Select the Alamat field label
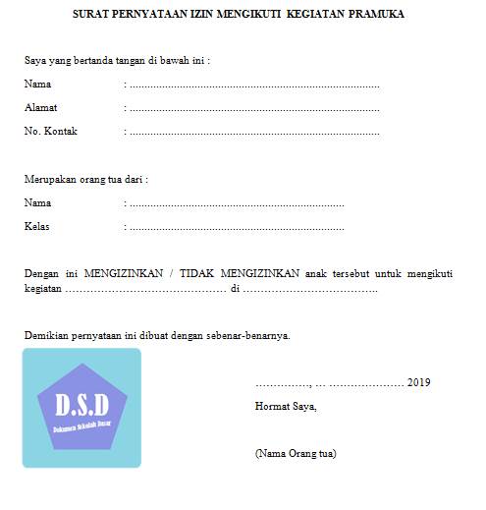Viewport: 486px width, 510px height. [x=40, y=107]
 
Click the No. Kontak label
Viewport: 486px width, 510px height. [x=51, y=131]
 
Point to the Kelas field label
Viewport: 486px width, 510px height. [x=36, y=227]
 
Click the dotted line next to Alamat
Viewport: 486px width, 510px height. [x=254, y=108]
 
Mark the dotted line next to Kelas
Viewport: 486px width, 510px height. [x=237, y=228]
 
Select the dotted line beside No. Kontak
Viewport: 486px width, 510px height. [x=254, y=132]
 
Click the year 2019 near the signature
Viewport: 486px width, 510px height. [x=418, y=382]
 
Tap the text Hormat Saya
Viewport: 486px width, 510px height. [x=286, y=406]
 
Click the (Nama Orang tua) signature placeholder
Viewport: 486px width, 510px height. [x=296, y=453]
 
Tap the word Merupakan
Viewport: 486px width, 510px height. [x=50, y=179]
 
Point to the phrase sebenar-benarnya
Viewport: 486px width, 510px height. [x=251, y=335]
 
